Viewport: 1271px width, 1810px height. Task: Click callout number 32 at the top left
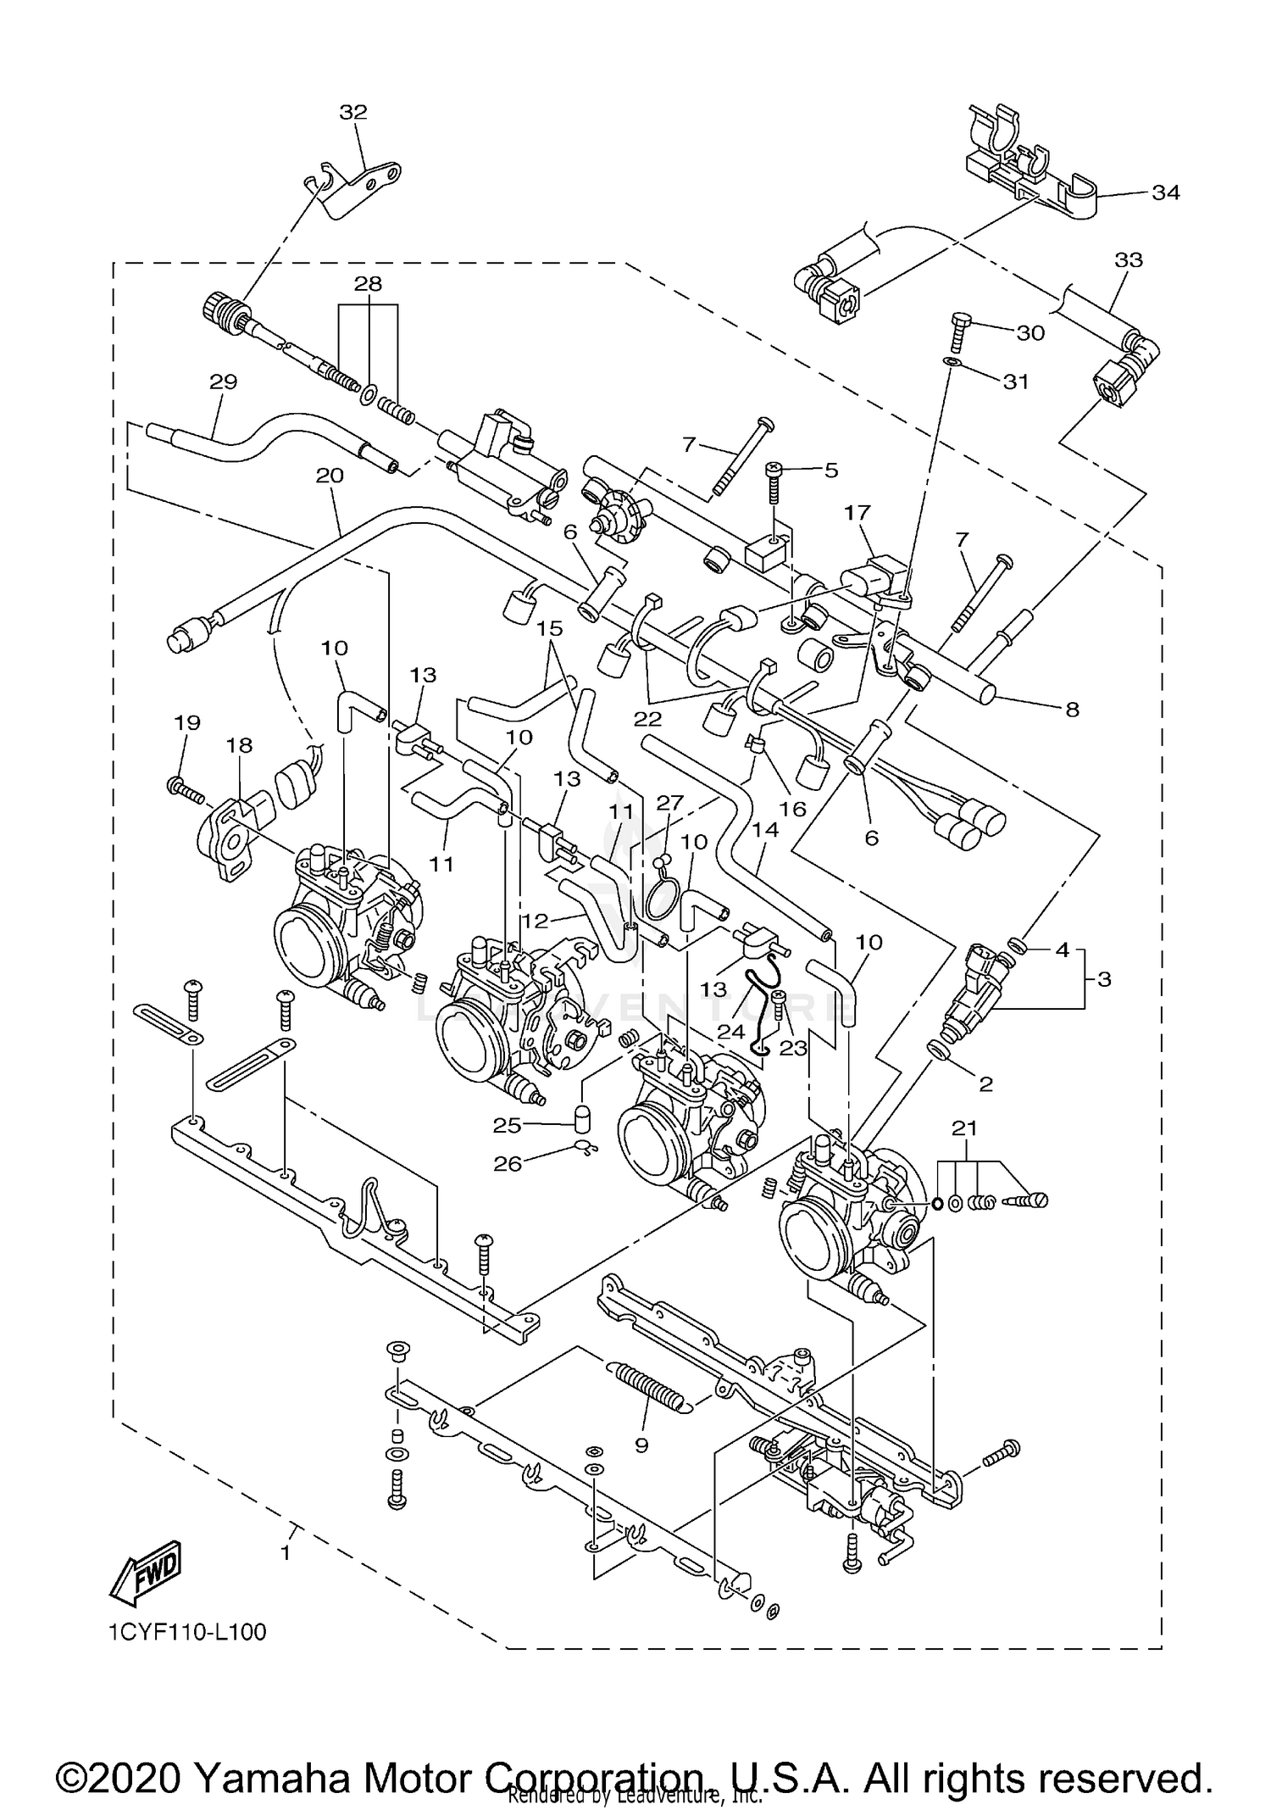point(353,113)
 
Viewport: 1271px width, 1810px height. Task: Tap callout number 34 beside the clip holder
point(1166,192)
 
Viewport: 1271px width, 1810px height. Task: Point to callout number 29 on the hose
point(224,381)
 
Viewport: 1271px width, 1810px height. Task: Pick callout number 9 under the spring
point(641,1445)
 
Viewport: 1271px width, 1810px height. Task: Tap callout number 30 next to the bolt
point(1030,333)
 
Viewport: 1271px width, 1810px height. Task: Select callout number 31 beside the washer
point(1015,382)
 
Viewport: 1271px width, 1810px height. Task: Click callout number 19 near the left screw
point(187,722)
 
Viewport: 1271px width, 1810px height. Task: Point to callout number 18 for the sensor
point(239,745)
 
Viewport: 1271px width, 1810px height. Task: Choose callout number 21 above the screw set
point(964,1128)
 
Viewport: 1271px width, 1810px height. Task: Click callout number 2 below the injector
point(985,1083)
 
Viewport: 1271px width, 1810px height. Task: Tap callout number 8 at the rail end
point(1072,710)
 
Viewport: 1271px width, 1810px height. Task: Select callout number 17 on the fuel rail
point(858,512)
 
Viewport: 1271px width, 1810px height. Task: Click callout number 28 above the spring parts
point(368,283)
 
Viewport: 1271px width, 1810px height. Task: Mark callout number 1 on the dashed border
point(286,1553)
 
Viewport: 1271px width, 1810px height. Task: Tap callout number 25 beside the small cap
point(507,1125)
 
